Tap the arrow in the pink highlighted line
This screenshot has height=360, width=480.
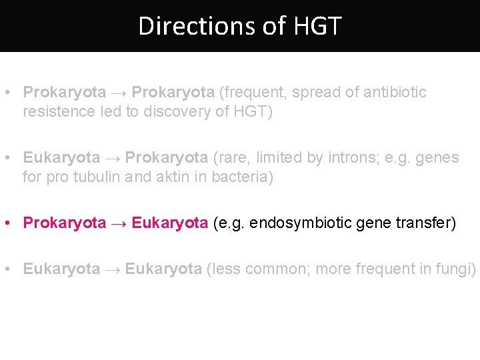pyautogui.click(x=119, y=223)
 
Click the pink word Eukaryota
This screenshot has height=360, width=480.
pyautogui.click(x=170, y=223)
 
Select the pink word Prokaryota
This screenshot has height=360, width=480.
pyautogui.click(x=65, y=223)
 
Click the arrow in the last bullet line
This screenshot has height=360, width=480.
pyautogui.click(x=112, y=269)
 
